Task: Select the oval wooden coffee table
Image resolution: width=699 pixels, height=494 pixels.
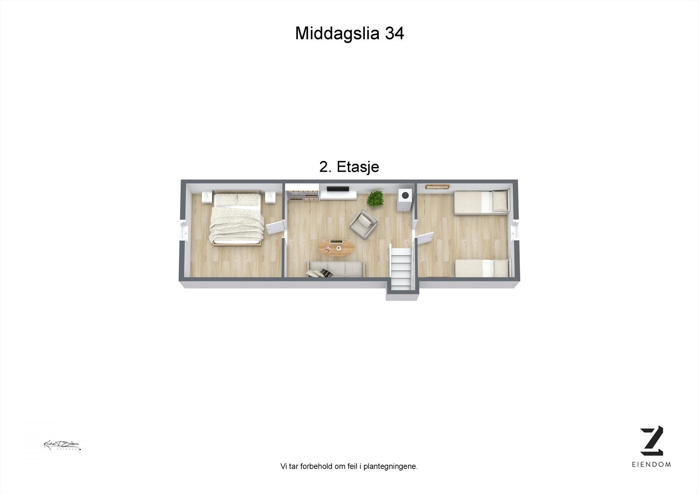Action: (x=336, y=248)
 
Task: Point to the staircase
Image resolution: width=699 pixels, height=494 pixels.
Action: (x=401, y=267)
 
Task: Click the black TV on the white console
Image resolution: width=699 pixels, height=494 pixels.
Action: (x=338, y=189)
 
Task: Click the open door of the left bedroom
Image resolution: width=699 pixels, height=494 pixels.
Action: (x=275, y=228)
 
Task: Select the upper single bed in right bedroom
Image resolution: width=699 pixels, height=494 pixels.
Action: (x=482, y=202)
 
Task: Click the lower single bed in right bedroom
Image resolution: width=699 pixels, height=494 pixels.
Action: (x=483, y=268)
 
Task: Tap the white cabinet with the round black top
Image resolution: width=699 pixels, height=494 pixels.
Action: (x=405, y=201)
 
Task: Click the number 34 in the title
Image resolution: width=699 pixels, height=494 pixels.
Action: (x=394, y=33)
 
